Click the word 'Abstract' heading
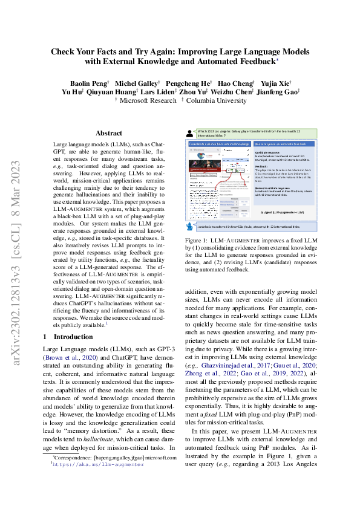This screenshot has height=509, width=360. pyautogui.click(x=110, y=133)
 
